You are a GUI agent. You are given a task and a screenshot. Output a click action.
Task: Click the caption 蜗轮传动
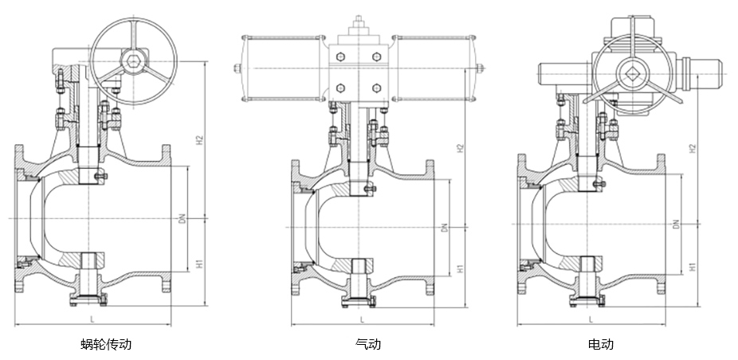pyautogui.click(x=106, y=345)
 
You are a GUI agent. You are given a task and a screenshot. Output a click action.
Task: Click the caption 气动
pyautogui.click(x=368, y=345)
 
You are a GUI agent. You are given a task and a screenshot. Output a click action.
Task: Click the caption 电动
pyautogui.click(x=601, y=345)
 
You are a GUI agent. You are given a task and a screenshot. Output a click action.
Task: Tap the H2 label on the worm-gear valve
pyautogui.click(x=200, y=141)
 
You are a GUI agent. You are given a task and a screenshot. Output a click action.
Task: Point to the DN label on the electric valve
pyautogui.click(x=675, y=225)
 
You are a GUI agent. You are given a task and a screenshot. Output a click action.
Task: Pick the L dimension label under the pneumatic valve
pyautogui.click(x=363, y=319)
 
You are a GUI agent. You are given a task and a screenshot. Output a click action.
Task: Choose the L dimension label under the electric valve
pyautogui.click(x=591, y=319)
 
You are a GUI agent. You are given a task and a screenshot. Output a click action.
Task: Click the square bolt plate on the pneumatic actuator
pyautogui.click(x=358, y=72)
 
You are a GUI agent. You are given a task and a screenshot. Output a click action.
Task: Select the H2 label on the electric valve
pyautogui.click(x=693, y=148)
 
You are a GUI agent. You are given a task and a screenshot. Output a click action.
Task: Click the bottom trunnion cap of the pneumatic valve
pyautogui.click(x=358, y=299)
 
